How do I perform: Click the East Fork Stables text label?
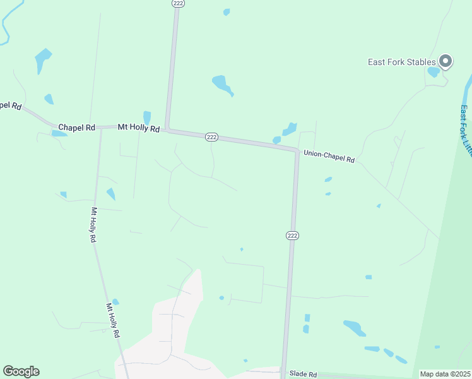402,62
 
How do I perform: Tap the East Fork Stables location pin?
445,61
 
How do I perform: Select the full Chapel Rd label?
77,128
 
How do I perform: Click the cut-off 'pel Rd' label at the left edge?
11,105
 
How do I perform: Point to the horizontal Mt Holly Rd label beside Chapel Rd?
139,128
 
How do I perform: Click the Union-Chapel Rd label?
329,156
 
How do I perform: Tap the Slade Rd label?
303,374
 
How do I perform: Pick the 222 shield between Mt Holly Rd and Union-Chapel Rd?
211,137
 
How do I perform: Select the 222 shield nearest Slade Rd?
292,236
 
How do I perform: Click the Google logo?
21,371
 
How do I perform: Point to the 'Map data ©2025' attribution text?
445,374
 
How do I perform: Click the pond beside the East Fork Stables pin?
434,71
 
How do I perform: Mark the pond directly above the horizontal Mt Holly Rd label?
147,117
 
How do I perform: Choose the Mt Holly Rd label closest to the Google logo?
113,320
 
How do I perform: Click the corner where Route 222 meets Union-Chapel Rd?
296,150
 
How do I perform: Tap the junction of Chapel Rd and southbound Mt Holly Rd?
101,128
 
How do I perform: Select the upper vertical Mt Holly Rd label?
93,226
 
